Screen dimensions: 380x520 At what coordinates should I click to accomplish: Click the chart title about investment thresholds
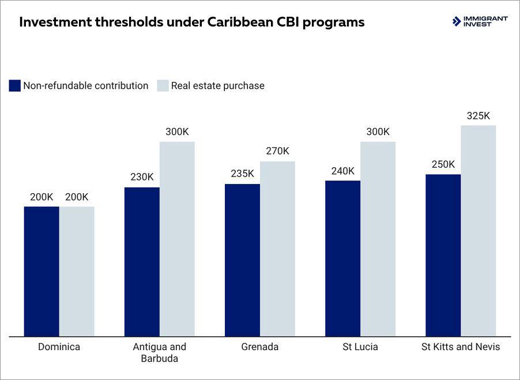point(192,22)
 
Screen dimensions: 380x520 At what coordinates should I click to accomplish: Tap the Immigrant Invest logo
point(480,21)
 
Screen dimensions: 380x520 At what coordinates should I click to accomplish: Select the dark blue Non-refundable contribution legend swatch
point(15,86)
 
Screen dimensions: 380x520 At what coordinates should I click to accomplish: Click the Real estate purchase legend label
point(217,86)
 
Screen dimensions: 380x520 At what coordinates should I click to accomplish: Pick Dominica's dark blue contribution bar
point(42,271)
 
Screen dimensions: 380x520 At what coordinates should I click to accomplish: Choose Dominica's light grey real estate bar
point(77,271)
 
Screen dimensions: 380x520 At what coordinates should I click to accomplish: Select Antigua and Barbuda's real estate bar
point(177,239)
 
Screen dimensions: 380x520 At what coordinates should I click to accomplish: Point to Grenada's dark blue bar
point(242,259)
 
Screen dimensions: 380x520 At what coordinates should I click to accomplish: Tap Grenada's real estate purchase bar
point(277,249)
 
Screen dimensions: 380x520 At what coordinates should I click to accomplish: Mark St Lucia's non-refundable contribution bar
point(342,258)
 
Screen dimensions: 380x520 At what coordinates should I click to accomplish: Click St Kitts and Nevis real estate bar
point(478,231)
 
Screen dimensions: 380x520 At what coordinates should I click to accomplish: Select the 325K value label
point(478,116)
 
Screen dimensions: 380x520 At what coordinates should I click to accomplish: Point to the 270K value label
point(277,152)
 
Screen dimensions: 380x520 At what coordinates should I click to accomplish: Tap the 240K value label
point(342,171)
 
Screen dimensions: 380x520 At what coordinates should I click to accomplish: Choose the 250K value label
point(443,164)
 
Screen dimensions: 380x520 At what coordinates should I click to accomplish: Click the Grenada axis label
point(259,347)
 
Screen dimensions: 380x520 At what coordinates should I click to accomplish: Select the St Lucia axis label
point(360,347)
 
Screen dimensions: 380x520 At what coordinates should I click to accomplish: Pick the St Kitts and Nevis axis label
point(461,347)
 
